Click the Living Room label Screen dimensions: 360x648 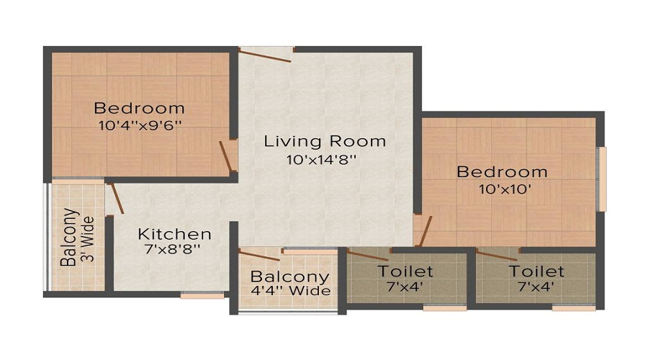[x=325, y=140]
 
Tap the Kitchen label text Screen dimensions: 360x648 [x=175, y=234]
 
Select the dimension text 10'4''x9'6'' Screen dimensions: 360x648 [x=139, y=125]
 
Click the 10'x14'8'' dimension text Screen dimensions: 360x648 [x=321, y=158]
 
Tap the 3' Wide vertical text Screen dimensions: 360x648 [x=88, y=238]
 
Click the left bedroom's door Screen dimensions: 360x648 [x=228, y=154]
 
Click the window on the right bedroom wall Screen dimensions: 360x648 [x=603, y=179]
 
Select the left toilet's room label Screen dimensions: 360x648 [x=405, y=271]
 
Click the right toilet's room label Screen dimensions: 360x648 [x=536, y=271]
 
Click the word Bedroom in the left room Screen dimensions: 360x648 [x=140, y=109]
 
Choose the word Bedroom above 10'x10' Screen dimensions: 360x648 [x=503, y=172]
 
